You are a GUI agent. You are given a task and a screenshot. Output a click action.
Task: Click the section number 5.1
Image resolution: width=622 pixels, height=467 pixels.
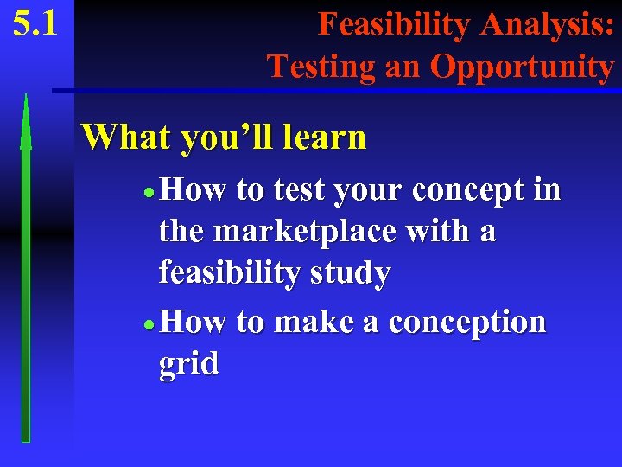click(35, 23)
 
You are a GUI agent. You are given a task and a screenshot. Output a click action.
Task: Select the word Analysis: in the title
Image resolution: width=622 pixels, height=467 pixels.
click(546, 24)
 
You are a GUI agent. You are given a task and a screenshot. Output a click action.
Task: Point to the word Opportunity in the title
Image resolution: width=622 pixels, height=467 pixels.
click(522, 67)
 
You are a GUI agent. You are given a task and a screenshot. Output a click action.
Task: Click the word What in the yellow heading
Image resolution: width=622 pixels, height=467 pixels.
click(126, 137)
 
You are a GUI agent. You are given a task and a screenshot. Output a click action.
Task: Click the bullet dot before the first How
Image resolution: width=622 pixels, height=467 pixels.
click(150, 192)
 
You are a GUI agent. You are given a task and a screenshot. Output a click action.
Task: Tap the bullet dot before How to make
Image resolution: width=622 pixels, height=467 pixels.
click(150, 324)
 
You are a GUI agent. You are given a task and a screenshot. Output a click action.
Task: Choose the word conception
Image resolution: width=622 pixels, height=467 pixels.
click(467, 323)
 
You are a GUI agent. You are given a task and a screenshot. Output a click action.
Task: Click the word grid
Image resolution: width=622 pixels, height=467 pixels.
click(188, 363)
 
